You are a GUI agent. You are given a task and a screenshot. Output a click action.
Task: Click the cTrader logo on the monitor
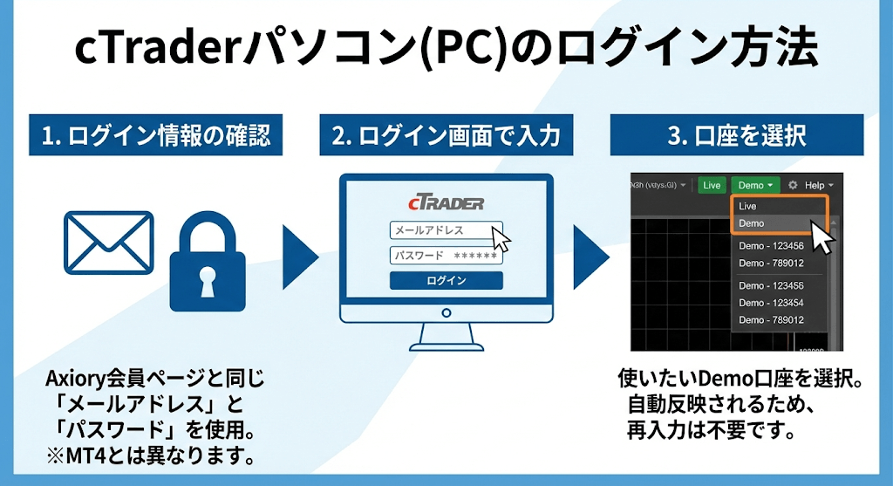[445, 203]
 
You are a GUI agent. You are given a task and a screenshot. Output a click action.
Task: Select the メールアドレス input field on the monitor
[441, 231]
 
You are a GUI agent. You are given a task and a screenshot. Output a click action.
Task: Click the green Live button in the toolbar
[712, 185]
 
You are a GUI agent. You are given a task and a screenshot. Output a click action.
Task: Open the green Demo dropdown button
[755, 185]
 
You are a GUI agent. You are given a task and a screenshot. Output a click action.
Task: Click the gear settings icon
[793, 185]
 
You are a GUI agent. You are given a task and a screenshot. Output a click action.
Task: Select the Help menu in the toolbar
[818, 185]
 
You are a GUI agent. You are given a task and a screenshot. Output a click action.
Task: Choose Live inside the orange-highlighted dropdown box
[748, 206]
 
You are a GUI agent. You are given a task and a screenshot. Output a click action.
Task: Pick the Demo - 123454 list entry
[771, 302]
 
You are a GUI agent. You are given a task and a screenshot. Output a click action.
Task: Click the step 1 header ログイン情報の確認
[155, 136]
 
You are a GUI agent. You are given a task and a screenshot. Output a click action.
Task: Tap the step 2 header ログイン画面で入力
[446, 136]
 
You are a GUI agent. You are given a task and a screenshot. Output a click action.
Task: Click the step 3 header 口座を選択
[736, 136]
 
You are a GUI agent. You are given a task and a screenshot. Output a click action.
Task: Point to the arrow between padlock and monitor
[298, 260]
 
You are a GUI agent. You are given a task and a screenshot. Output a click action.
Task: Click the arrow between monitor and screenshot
[590, 260]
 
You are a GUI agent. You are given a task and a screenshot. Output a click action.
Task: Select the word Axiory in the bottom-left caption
[71, 380]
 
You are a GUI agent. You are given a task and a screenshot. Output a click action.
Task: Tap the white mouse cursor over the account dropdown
[822, 236]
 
